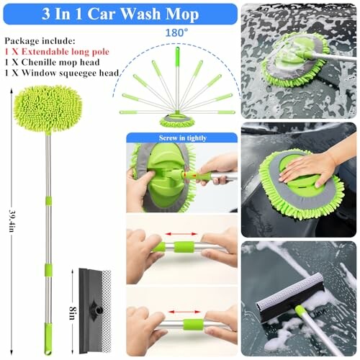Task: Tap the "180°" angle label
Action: tap(177, 33)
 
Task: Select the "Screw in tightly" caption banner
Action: tap(181, 137)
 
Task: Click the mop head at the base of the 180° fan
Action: tap(177, 119)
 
